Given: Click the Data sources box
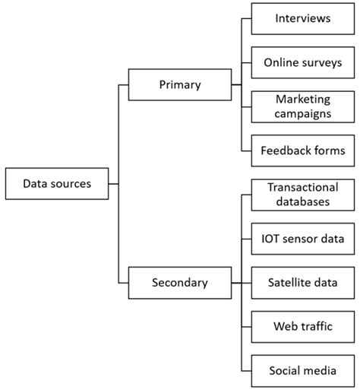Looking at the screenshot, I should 57,183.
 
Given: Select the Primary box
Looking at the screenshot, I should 179,85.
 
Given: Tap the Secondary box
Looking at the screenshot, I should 179,282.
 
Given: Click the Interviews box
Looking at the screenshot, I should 302,18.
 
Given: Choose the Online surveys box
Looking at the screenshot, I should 302,62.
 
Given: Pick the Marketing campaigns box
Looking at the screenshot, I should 302,106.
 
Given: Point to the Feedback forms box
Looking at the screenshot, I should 302,151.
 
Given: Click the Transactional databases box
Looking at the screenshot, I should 302,194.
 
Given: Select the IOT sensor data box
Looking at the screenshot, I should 302,239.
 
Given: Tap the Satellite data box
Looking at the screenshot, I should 302,282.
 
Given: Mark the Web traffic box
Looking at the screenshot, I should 302,327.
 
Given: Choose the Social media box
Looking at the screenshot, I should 302,370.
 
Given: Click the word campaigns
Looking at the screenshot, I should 302,115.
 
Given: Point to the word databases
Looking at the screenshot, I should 302,202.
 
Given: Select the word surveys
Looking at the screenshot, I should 322,62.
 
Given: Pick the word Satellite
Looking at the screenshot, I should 288,282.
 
